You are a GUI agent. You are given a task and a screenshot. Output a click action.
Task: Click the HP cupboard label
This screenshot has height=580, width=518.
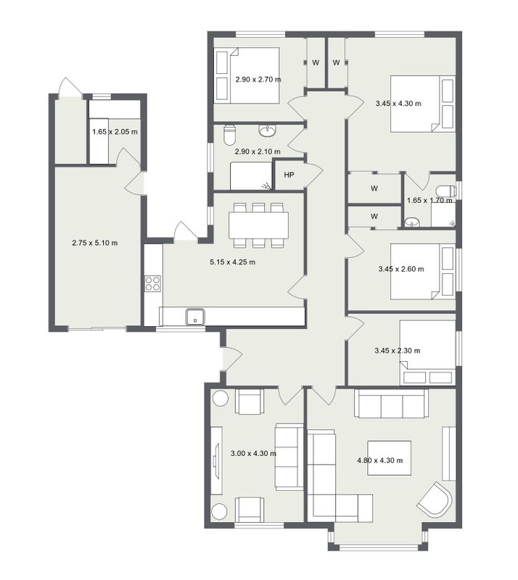[x=289, y=175]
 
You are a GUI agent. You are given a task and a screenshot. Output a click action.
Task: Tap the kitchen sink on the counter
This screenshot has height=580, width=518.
[x=195, y=317]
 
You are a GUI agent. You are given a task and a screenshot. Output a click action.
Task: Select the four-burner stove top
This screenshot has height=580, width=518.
[x=153, y=283]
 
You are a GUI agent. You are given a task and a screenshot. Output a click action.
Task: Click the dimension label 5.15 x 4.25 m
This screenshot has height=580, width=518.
[x=233, y=262]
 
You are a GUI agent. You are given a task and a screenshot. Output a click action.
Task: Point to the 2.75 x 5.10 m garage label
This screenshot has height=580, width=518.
[x=95, y=243]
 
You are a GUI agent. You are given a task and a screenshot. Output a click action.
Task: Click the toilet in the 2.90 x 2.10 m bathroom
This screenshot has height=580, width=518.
[x=230, y=135]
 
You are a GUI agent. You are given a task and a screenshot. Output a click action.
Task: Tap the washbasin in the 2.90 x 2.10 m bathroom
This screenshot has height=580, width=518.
[x=267, y=130]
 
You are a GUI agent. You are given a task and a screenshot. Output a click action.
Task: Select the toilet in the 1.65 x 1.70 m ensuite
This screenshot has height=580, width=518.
[x=446, y=191]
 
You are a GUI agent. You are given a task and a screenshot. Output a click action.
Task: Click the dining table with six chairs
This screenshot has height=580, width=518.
[x=258, y=225]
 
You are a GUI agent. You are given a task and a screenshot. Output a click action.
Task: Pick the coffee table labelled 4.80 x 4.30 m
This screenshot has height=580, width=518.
[x=389, y=458]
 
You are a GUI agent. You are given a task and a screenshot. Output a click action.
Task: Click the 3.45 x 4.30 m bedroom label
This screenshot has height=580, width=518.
[x=398, y=104]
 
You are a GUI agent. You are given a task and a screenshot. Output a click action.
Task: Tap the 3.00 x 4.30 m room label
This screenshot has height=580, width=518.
[x=253, y=453]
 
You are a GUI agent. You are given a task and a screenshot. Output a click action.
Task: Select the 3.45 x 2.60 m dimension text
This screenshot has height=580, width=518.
[x=401, y=269]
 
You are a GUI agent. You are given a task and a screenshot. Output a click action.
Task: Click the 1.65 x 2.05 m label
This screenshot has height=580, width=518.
[x=115, y=132]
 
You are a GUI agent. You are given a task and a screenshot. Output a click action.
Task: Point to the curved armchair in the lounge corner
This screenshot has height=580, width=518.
[x=435, y=500]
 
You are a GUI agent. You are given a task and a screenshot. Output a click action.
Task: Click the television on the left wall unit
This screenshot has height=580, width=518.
[x=215, y=461]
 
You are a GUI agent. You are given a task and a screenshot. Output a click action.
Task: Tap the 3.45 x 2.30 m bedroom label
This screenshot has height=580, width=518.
[x=398, y=351]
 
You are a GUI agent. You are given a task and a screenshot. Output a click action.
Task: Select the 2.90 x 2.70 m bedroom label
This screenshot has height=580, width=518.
[x=258, y=79]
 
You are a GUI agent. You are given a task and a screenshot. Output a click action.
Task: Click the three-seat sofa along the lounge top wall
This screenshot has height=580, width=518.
[x=392, y=403]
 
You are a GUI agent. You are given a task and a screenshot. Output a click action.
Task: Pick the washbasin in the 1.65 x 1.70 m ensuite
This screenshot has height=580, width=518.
[x=412, y=223]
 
